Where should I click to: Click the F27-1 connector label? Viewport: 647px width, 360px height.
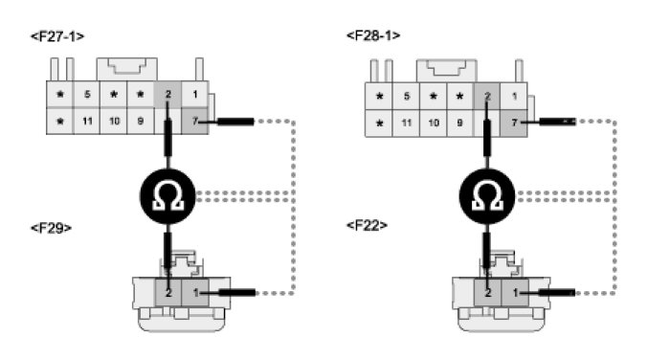click(x=57, y=36)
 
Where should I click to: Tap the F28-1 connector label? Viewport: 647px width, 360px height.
click(x=373, y=35)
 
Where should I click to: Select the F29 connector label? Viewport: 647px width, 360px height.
click(x=51, y=228)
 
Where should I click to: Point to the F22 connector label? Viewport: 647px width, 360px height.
click(x=367, y=225)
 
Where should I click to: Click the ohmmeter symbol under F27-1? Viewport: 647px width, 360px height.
click(x=167, y=196)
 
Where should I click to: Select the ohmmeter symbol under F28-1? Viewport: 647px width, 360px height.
click(x=487, y=196)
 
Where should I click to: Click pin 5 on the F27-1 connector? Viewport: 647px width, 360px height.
click(x=87, y=94)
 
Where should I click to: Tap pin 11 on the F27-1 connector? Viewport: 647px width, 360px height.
click(x=87, y=121)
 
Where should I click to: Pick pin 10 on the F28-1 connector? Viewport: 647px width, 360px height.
click(x=434, y=123)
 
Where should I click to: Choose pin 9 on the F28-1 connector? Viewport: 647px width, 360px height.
click(x=459, y=123)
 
